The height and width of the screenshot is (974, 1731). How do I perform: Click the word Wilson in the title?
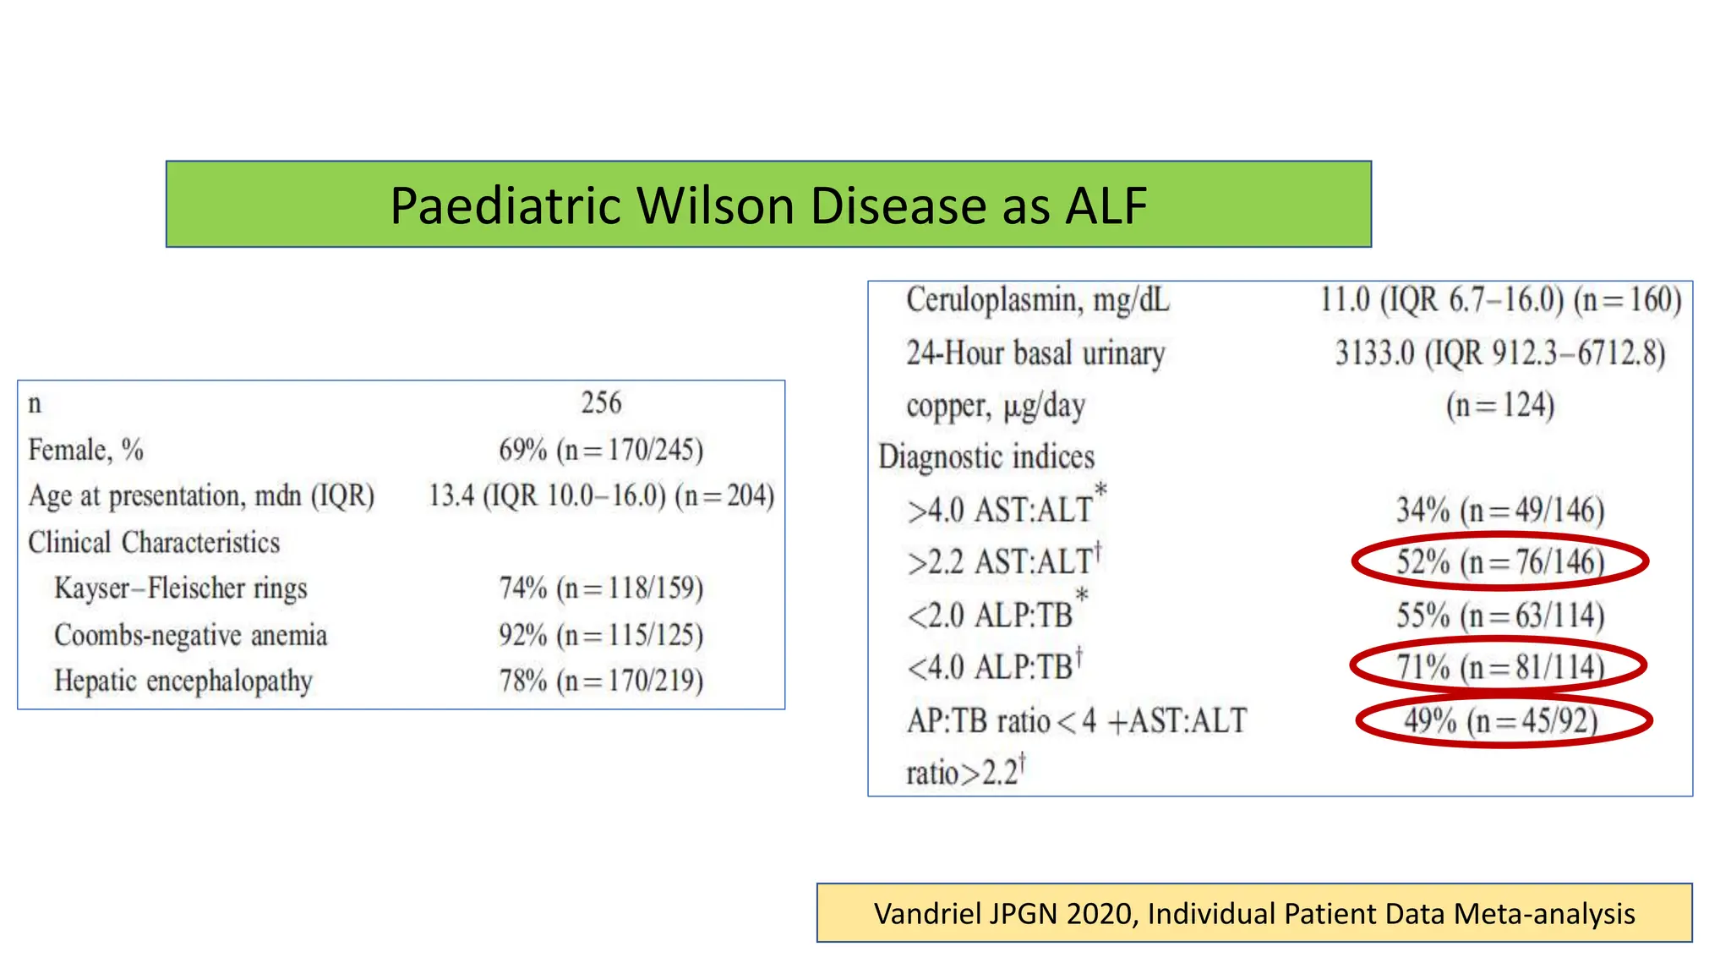(717, 205)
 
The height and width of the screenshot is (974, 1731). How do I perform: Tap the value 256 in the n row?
(601, 402)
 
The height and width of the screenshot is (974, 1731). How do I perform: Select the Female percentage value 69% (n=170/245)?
(601, 450)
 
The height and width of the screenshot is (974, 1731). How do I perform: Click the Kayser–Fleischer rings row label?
(180, 588)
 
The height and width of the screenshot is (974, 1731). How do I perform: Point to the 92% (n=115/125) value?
(601, 635)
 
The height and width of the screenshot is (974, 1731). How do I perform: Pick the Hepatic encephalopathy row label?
(183, 681)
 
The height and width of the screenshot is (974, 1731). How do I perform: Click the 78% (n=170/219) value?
(601, 681)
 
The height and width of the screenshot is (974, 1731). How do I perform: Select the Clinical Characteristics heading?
(153, 542)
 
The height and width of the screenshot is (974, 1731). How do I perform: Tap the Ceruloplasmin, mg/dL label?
(1037, 301)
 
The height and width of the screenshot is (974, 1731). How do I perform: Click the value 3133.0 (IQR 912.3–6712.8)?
(1499, 353)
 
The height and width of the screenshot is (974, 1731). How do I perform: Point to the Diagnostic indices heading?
(986, 457)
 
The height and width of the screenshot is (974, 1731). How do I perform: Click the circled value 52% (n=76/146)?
(1499, 562)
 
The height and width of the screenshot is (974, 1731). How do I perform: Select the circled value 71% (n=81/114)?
(1499, 667)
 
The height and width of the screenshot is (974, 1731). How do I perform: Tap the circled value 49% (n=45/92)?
(1501, 721)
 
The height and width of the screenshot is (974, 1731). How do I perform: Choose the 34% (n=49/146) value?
(1499, 510)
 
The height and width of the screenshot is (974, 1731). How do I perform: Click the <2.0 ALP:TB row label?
(990, 616)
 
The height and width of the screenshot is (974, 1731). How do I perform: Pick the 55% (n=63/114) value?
(1499, 616)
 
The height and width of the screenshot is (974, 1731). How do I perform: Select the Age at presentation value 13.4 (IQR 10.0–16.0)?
(547, 495)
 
